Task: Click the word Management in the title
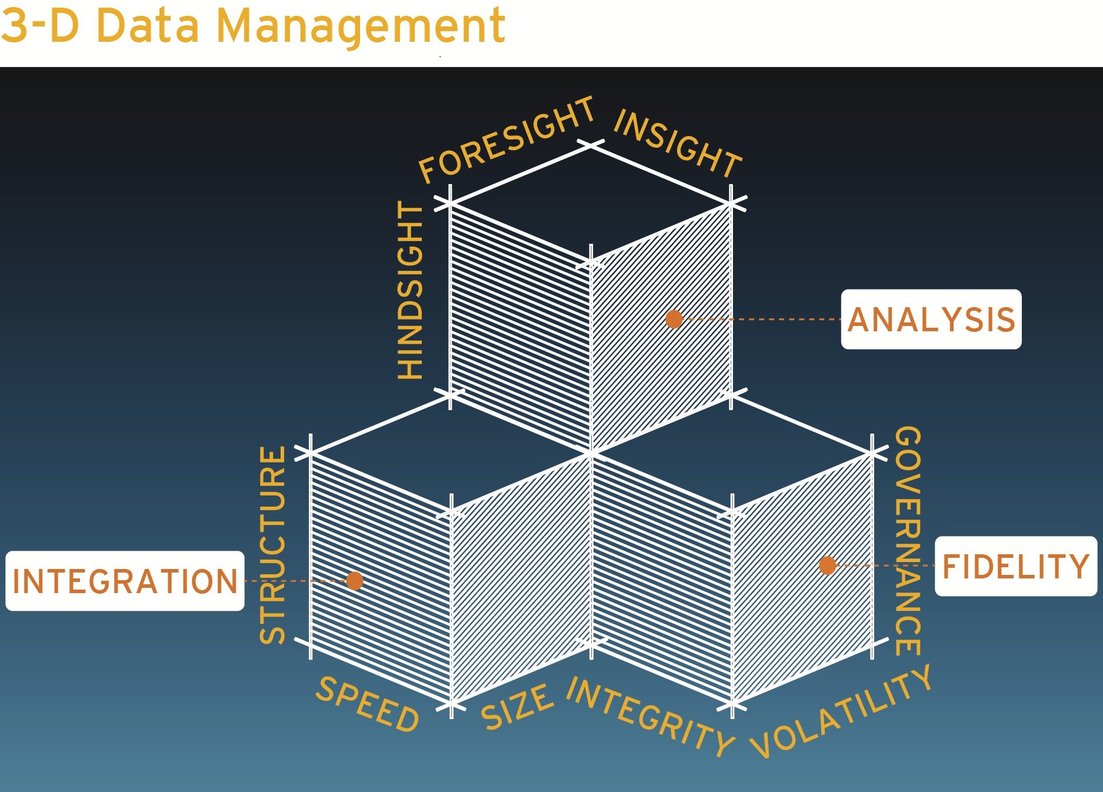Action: (x=361, y=26)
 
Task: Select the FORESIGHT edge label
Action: (x=506, y=140)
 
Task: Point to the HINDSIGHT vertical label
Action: (x=411, y=291)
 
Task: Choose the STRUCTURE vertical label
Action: (x=273, y=545)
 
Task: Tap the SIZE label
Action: (x=517, y=707)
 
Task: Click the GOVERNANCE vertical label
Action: (x=908, y=541)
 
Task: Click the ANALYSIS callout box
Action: (x=931, y=320)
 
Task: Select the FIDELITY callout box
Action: (x=1015, y=566)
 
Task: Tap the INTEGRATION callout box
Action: (x=125, y=581)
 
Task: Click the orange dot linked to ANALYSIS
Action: (x=674, y=320)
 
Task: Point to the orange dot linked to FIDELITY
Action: (x=828, y=565)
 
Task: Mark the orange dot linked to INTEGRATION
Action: (x=355, y=581)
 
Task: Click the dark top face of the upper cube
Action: (x=591, y=203)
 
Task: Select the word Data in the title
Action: (x=148, y=26)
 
